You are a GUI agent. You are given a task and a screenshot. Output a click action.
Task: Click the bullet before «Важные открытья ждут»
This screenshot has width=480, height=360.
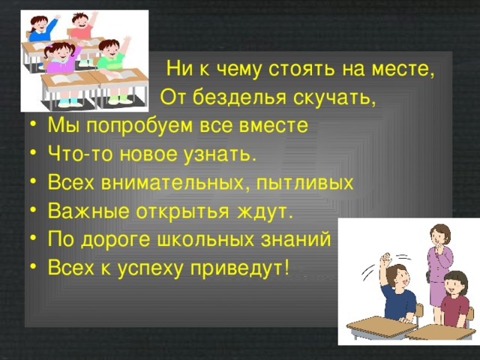31,211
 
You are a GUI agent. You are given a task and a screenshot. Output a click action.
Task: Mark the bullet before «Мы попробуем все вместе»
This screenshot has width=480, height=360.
31,126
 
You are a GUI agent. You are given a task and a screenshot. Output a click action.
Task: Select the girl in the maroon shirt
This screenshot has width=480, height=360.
453,300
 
